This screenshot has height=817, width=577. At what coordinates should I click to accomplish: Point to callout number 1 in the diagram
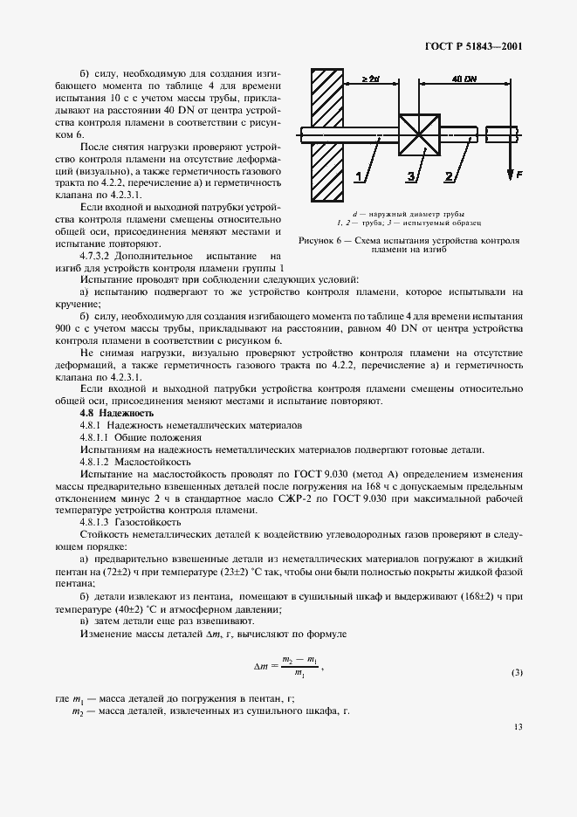357,177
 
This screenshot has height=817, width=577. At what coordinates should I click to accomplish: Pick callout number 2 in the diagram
449,177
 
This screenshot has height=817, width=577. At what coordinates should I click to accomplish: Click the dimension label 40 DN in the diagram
464,79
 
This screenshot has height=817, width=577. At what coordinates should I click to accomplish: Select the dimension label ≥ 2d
371,79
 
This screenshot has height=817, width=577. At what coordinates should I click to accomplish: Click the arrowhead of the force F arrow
509,173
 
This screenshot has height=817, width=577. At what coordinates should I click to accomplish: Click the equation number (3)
517,673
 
